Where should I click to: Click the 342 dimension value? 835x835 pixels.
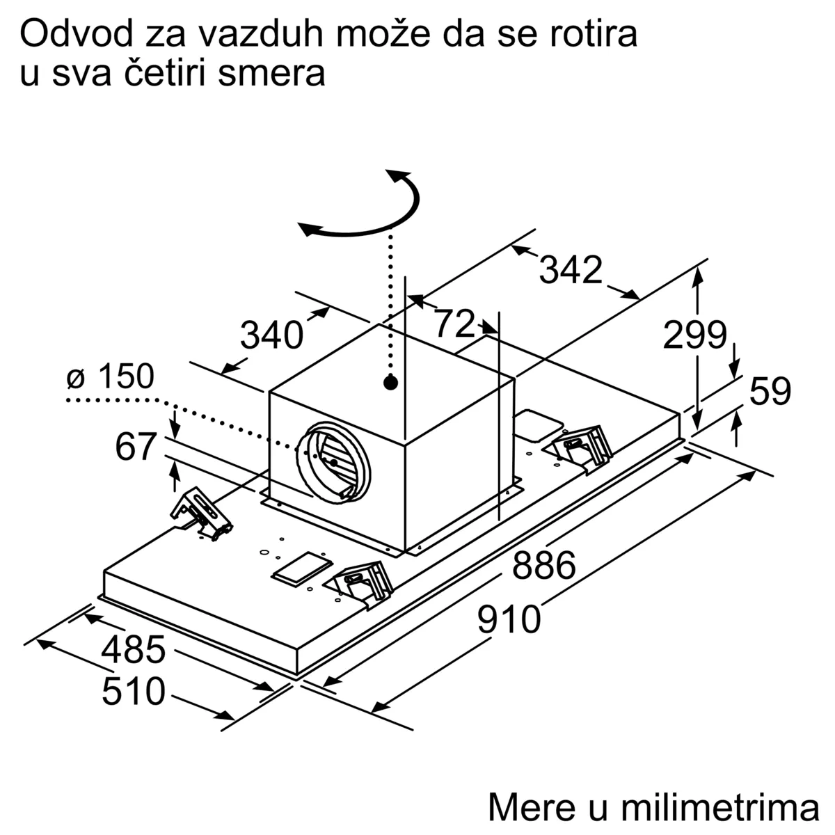click(571, 270)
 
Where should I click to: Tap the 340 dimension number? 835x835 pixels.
click(271, 335)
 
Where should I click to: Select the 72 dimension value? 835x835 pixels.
click(454, 323)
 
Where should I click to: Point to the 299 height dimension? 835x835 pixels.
click(694, 335)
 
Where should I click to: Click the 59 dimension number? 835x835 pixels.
click(770, 391)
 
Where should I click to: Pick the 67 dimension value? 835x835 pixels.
click(136, 446)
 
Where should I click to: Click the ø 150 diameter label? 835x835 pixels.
click(111, 376)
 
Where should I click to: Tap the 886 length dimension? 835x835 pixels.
click(544, 565)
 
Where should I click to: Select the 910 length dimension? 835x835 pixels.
click(509, 620)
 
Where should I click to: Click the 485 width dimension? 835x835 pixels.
click(134, 649)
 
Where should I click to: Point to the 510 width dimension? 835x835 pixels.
click(134, 691)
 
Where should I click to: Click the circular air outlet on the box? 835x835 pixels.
click(333, 462)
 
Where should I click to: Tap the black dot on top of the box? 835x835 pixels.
click(391, 383)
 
